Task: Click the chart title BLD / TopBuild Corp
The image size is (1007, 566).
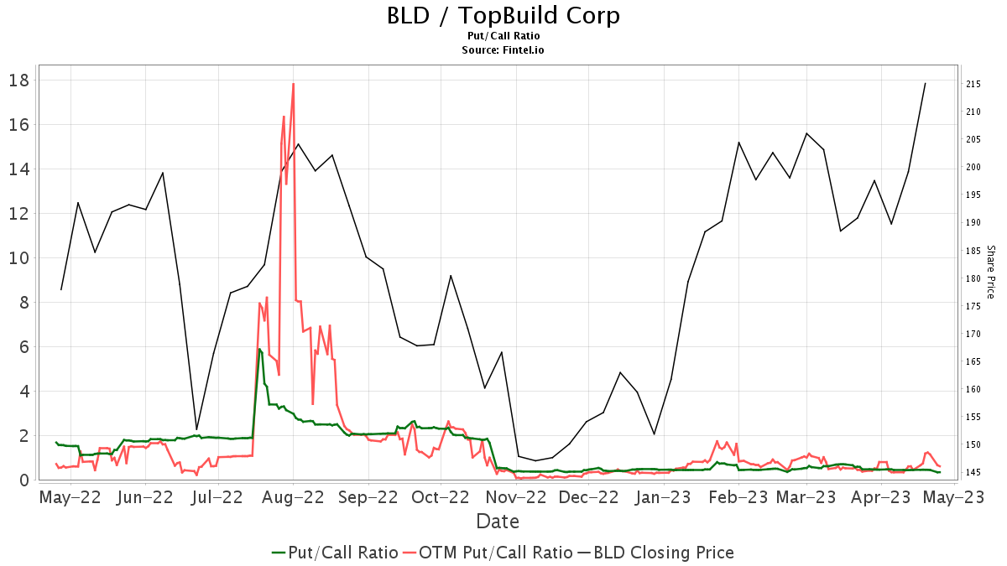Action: [x=503, y=15]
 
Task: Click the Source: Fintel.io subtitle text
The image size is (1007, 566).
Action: [x=503, y=50]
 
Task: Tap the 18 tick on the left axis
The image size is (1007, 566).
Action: [x=19, y=80]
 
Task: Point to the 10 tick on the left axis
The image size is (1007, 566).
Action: [x=19, y=258]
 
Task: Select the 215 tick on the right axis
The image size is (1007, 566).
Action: [x=973, y=84]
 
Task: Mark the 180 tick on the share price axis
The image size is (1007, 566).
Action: [x=973, y=278]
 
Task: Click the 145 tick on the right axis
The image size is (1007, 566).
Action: [x=973, y=472]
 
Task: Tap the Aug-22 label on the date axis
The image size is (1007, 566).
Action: [x=293, y=497]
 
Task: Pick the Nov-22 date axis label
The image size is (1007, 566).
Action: [x=513, y=497]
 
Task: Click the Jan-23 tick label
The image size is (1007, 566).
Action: [x=662, y=497]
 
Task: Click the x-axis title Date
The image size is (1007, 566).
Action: [x=498, y=522]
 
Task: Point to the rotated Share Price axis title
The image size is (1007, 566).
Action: [x=990, y=272]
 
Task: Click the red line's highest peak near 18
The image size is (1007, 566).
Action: [x=293, y=84]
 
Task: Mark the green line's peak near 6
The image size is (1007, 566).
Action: [x=259, y=349]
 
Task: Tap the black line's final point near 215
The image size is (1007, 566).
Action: [x=925, y=83]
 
